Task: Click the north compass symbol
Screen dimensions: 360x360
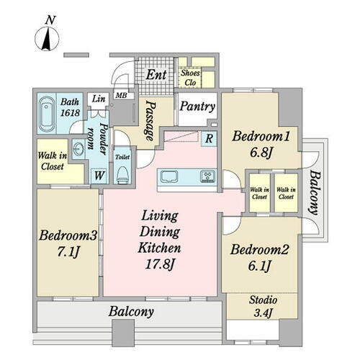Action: [x=47, y=38]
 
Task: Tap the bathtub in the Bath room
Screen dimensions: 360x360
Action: [x=47, y=114]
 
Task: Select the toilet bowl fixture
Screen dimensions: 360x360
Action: [x=122, y=174]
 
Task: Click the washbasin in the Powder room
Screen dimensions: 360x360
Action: [x=78, y=150]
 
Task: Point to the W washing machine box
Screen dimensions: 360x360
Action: [x=99, y=176]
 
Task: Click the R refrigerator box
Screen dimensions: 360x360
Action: [x=209, y=139]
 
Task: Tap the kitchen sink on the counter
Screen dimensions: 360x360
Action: [x=169, y=177]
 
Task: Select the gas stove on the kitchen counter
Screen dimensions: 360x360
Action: [x=208, y=176]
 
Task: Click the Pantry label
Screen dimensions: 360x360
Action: [x=197, y=107]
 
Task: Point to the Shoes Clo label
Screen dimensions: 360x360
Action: [x=190, y=78]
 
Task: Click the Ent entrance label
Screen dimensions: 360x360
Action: [x=156, y=75]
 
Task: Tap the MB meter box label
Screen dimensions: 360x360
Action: [x=121, y=95]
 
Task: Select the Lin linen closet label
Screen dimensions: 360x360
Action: [x=99, y=99]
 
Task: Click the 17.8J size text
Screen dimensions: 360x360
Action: [x=159, y=265]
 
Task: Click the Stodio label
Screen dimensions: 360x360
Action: [x=263, y=300]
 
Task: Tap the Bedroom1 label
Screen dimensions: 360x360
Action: [x=261, y=137]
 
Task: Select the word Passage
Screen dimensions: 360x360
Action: [x=150, y=121]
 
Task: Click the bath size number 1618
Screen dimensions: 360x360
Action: [x=70, y=112]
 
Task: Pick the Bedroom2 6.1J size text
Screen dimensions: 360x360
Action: [x=259, y=266]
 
